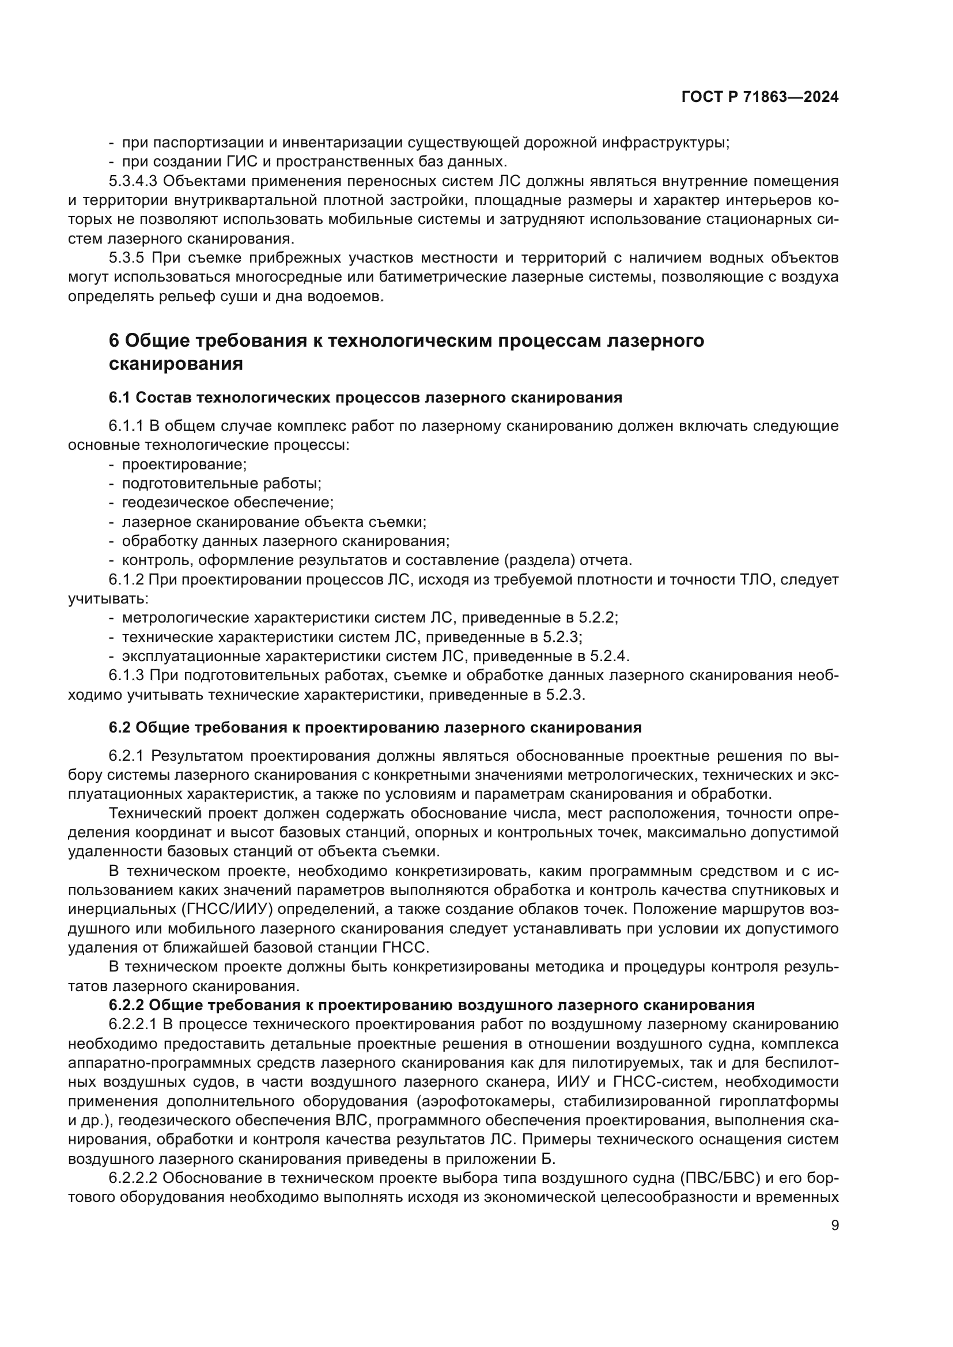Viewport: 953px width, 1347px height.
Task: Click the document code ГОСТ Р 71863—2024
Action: tap(759, 97)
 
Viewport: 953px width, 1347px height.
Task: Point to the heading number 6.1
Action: tap(119, 398)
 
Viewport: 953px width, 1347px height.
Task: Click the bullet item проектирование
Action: tap(184, 465)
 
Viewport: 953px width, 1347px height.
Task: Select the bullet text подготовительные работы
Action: tap(221, 484)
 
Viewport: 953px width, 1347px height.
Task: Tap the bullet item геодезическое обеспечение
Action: tap(228, 503)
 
